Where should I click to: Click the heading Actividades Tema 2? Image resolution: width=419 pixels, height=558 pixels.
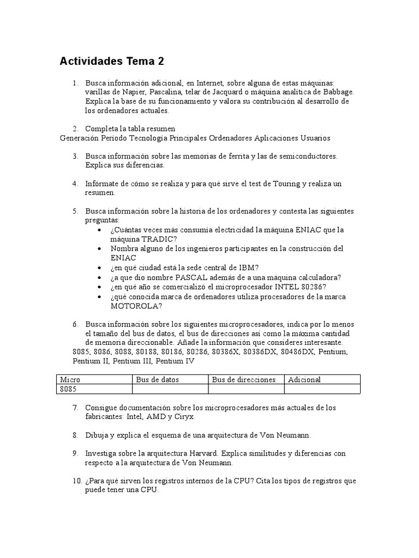(111, 62)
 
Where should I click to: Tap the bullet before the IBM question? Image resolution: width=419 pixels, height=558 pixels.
(99, 268)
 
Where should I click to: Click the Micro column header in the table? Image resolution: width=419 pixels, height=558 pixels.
(70, 379)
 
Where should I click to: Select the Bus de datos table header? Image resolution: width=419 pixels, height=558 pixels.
(157, 379)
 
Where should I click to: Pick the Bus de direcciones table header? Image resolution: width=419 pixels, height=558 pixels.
(243, 379)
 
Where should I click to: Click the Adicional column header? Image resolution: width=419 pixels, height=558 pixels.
(304, 379)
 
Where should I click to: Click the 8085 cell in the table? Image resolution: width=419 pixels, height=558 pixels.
(68, 389)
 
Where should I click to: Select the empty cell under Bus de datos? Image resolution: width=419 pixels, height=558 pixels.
(170, 389)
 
